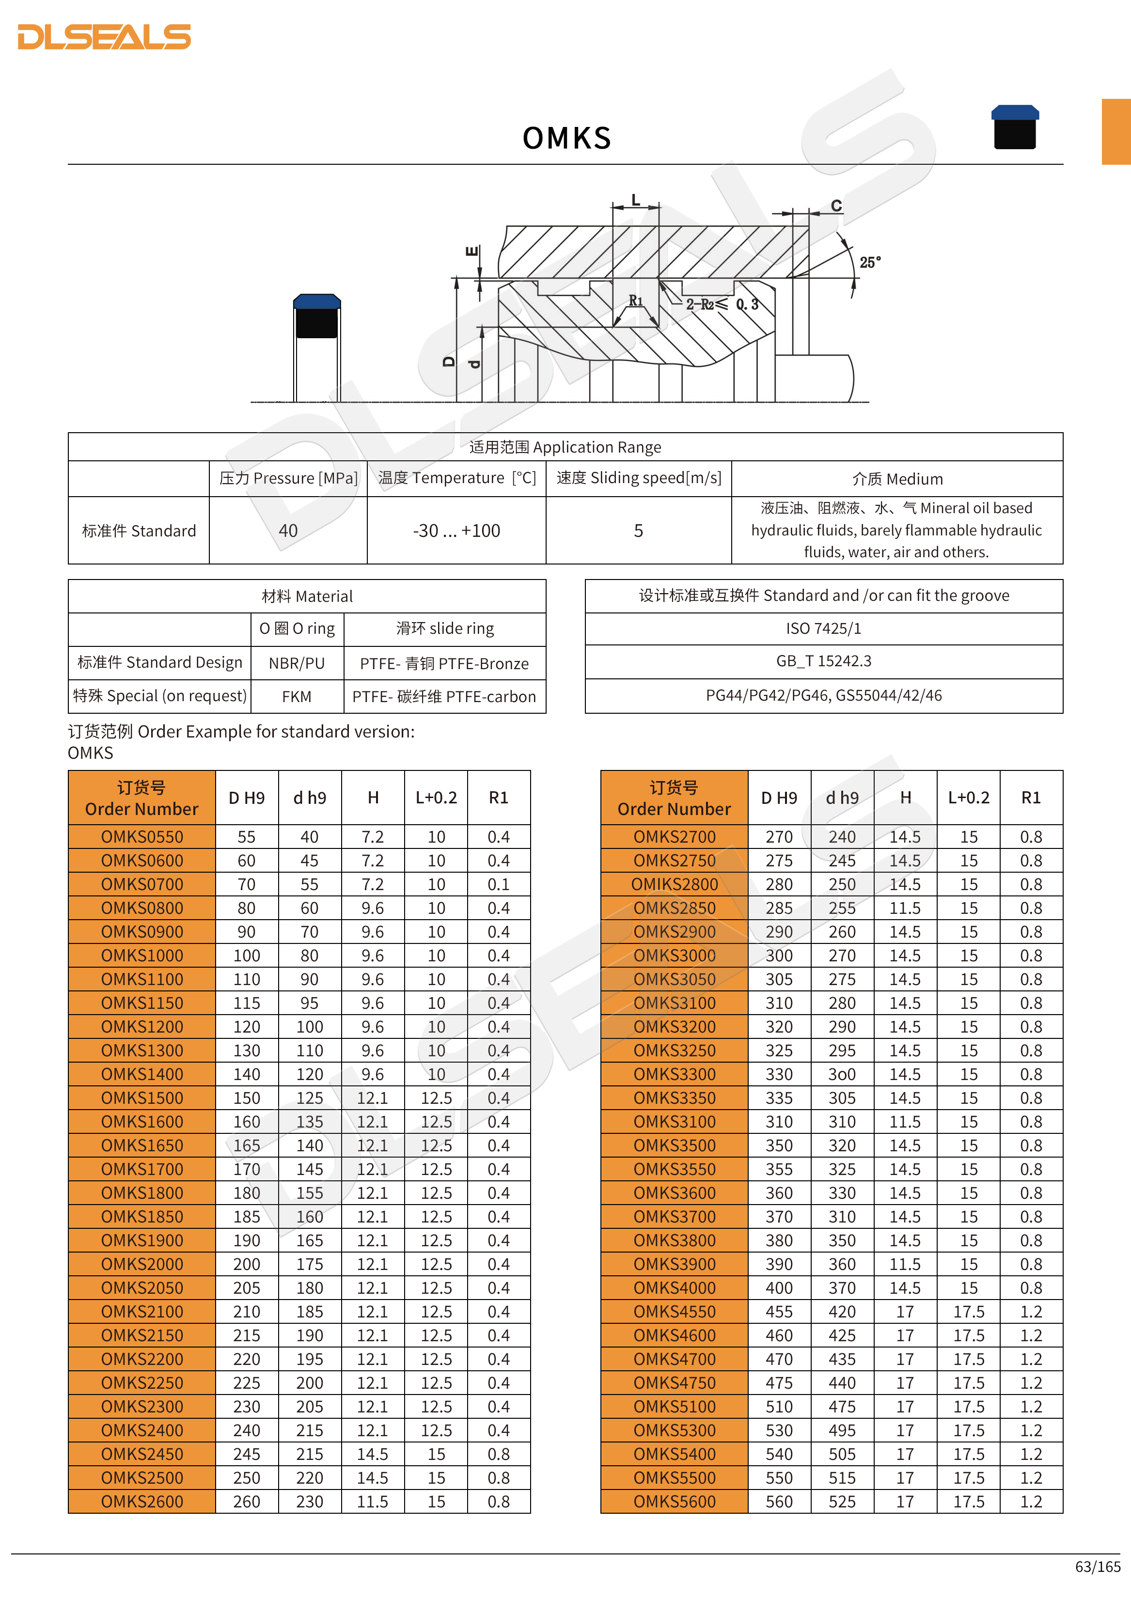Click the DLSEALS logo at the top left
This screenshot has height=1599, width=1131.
pyautogui.click(x=105, y=37)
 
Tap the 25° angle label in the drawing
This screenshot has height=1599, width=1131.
pyautogui.click(x=870, y=263)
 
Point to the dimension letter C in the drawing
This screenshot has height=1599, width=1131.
pyautogui.click(x=836, y=206)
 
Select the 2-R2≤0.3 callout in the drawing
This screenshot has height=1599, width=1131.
pyautogui.click(x=722, y=304)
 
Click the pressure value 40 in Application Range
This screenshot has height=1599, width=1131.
pyautogui.click(x=288, y=531)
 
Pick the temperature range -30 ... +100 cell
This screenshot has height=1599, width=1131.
pyautogui.click(x=456, y=531)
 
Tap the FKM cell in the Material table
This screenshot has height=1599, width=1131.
pyautogui.click(x=297, y=696)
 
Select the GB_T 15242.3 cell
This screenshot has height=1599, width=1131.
pyautogui.click(x=823, y=661)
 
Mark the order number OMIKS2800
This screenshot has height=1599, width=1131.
pyautogui.click(x=674, y=884)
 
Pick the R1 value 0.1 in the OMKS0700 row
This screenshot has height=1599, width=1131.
pyautogui.click(x=498, y=884)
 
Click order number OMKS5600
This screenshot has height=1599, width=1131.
pyautogui.click(x=674, y=1502)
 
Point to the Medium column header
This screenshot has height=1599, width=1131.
pyautogui.click(x=897, y=479)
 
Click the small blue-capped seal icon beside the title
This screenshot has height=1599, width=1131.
pyautogui.click(x=1015, y=127)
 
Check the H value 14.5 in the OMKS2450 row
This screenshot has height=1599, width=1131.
pyautogui.click(x=373, y=1454)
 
